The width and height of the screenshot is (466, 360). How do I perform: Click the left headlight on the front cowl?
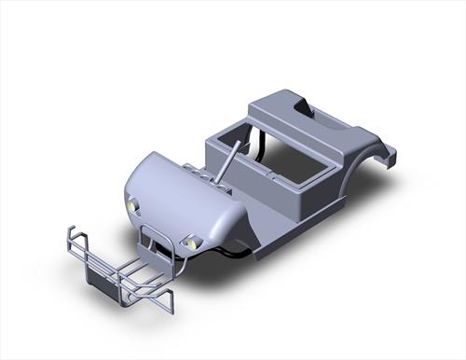coord(132,203)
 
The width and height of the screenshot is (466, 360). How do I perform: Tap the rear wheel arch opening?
coord(359,173)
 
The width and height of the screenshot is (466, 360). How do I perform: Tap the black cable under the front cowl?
coord(228,250)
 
